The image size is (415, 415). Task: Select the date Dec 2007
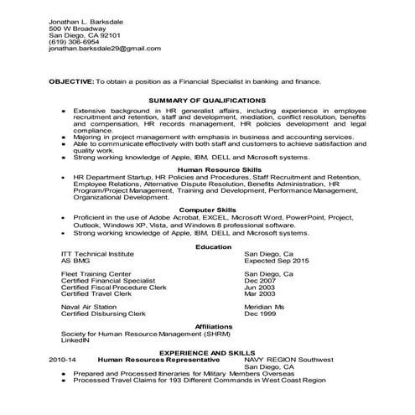(260, 281)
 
